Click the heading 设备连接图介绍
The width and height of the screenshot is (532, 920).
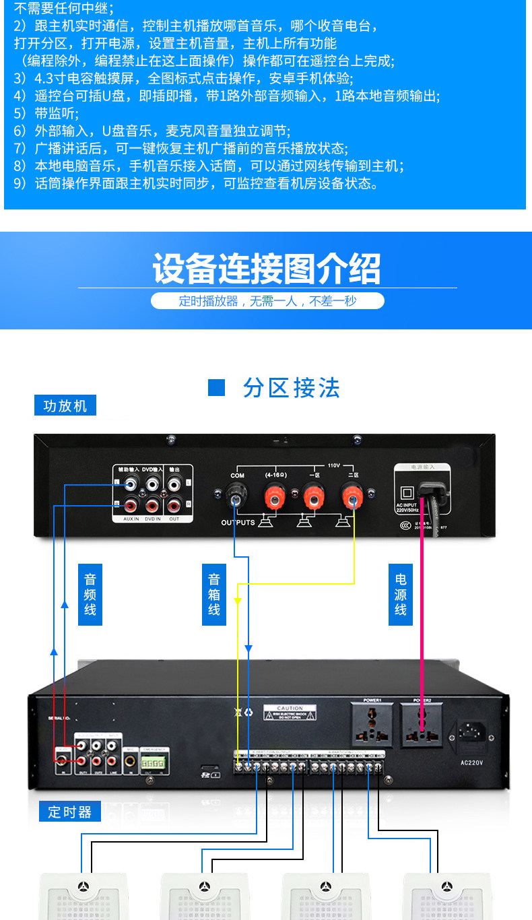point(267,269)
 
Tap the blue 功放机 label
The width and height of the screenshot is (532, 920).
point(65,406)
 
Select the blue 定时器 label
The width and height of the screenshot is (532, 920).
point(69,812)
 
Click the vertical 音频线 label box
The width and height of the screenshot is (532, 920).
point(90,594)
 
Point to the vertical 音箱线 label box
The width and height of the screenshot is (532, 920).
point(214,594)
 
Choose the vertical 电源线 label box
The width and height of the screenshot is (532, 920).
point(401,594)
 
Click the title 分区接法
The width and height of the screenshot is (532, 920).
point(292,388)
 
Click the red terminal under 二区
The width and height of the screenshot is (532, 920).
point(351,498)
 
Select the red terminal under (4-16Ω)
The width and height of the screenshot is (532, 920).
point(275,498)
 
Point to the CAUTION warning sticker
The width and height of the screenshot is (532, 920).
point(290,713)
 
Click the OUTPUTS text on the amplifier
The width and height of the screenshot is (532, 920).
point(238,523)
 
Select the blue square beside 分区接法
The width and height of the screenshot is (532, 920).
point(216,388)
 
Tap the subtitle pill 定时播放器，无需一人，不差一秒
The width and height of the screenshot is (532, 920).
point(267,301)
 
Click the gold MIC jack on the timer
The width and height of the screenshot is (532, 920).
point(129,761)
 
